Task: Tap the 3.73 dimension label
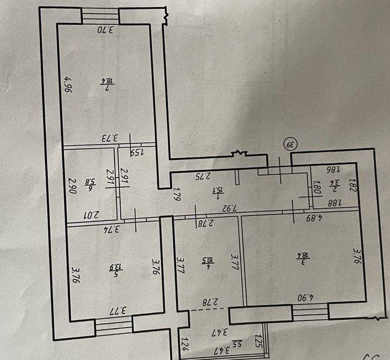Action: [109, 139]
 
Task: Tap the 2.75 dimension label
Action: [203, 176]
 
